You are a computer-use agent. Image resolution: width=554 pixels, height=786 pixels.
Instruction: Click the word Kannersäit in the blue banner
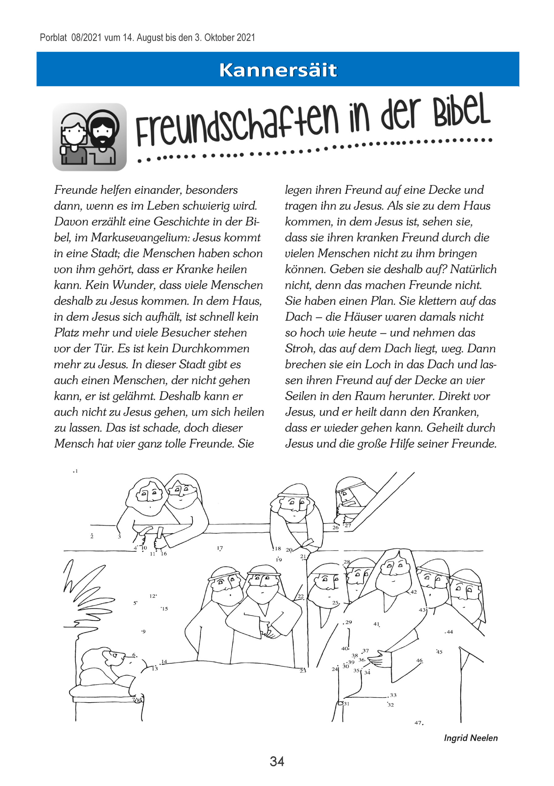coord(278,70)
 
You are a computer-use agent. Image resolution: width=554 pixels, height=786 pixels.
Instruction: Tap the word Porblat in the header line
coord(53,37)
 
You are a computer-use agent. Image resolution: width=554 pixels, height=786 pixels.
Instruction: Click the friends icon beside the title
coord(89,137)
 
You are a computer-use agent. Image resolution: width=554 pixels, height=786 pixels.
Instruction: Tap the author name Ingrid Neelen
coord(470,738)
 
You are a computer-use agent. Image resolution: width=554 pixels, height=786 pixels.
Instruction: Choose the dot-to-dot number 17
coord(220,548)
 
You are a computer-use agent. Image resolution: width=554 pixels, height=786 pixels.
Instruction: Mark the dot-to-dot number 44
coord(449,632)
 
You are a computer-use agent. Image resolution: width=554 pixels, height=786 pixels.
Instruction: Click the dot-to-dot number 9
coord(144,632)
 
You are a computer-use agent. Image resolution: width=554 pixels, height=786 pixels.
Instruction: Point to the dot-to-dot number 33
coord(393,695)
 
